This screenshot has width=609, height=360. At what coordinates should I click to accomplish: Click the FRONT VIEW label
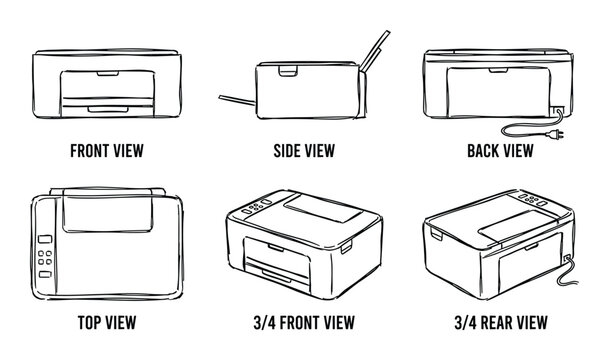(x=107, y=151)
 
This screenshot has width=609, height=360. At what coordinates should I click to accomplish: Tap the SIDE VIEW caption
(x=304, y=151)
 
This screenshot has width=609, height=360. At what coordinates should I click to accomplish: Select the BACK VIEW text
(x=500, y=151)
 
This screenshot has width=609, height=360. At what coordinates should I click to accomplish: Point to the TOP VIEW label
(x=107, y=322)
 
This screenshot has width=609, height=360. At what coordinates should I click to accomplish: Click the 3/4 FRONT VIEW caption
(x=304, y=322)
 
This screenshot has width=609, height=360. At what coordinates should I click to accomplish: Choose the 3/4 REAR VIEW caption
(x=501, y=322)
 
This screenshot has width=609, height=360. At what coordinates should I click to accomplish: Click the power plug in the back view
(x=555, y=135)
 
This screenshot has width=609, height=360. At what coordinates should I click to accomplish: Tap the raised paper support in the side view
(x=375, y=51)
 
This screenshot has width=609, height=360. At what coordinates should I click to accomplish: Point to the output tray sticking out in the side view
(x=237, y=100)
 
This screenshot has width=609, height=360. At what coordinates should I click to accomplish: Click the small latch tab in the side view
(x=288, y=71)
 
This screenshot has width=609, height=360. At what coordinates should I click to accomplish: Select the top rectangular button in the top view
(x=45, y=239)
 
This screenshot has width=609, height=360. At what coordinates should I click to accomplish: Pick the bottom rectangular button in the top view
(x=45, y=274)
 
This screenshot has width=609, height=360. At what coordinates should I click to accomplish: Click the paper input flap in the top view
(x=107, y=212)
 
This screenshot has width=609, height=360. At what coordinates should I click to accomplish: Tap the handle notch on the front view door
(x=108, y=73)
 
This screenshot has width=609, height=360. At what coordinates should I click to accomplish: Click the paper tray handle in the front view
(x=108, y=110)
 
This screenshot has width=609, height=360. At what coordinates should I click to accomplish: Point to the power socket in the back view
(x=557, y=111)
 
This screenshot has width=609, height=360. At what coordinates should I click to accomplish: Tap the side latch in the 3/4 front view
(x=346, y=247)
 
